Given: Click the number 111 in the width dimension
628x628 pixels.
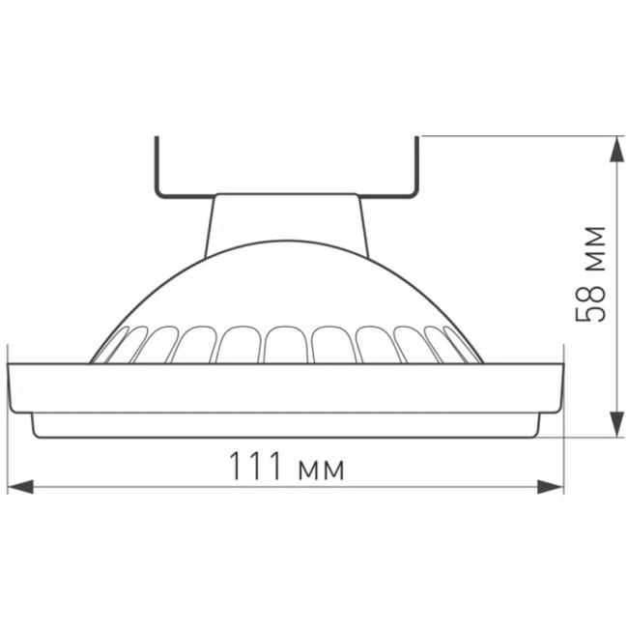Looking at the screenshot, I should (256, 468).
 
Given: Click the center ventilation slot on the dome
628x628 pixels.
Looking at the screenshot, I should (287, 344).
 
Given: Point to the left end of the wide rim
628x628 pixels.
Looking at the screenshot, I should (12, 386).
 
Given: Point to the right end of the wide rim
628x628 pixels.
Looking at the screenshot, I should (562, 386).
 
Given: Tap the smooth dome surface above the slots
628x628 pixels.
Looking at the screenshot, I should (287, 280).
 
